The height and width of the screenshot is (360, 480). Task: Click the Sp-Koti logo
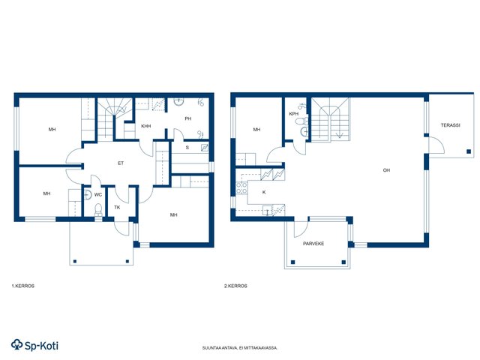click(34, 345)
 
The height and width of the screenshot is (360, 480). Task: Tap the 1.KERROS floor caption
click(23, 286)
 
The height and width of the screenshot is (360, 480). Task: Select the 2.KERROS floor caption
click(235, 286)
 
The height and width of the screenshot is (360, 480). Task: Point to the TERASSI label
click(451, 125)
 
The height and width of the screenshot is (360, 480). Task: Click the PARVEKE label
click(313, 244)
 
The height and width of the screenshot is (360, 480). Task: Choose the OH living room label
click(387, 170)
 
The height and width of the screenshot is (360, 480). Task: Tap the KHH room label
click(146, 126)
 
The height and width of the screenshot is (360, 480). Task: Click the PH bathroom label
click(188, 118)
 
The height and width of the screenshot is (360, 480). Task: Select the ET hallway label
click(121, 163)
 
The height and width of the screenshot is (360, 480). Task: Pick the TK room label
click(117, 207)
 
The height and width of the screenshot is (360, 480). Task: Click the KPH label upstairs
click(294, 114)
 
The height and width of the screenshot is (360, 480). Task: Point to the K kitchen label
click(264, 193)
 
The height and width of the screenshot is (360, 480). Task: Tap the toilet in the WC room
click(98, 209)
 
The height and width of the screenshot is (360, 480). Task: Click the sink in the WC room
click(88, 195)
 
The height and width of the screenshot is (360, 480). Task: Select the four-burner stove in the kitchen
click(241, 187)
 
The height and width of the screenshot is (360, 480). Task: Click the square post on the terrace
click(469, 151)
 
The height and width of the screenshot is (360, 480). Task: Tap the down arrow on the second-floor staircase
click(340, 135)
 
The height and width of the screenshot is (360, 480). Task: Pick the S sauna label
click(187, 148)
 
